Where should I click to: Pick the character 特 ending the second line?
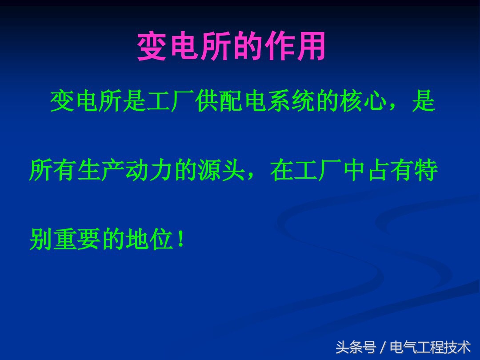click(427, 171)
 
